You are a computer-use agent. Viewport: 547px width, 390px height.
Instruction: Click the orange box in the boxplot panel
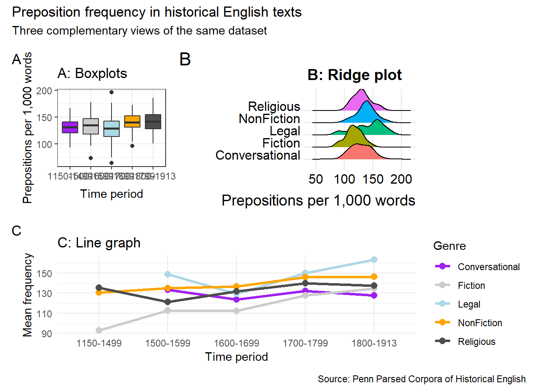coord(132,121)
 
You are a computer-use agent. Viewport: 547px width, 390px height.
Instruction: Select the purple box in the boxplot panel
coord(70,127)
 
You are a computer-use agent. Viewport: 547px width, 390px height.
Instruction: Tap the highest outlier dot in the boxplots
coord(112,92)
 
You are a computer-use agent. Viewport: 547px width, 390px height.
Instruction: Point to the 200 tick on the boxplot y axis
coord(44,91)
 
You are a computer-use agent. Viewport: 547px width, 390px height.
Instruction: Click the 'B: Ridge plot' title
coord(354,75)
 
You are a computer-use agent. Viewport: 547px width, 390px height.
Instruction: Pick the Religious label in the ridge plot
coord(274,106)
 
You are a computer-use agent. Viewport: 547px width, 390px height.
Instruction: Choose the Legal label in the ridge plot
coord(285,131)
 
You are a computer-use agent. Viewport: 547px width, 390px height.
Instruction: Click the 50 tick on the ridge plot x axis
coord(316,179)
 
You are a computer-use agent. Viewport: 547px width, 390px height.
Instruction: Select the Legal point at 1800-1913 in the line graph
coord(374,260)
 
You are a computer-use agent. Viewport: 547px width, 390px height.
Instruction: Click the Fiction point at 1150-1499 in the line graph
coord(99,330)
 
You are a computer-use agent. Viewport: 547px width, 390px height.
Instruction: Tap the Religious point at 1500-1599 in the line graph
coord(168,302)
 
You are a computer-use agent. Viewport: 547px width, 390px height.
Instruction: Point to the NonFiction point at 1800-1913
coord(374,277)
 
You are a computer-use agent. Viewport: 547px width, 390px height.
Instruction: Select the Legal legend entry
coord(469,304)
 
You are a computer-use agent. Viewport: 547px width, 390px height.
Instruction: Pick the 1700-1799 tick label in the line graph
coord(305,343)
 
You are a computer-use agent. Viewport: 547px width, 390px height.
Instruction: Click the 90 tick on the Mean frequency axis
coord(47,334)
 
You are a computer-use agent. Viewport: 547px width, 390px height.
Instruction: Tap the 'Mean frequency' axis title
coord(27,295)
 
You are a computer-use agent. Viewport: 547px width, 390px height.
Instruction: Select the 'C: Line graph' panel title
coord(99,243)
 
